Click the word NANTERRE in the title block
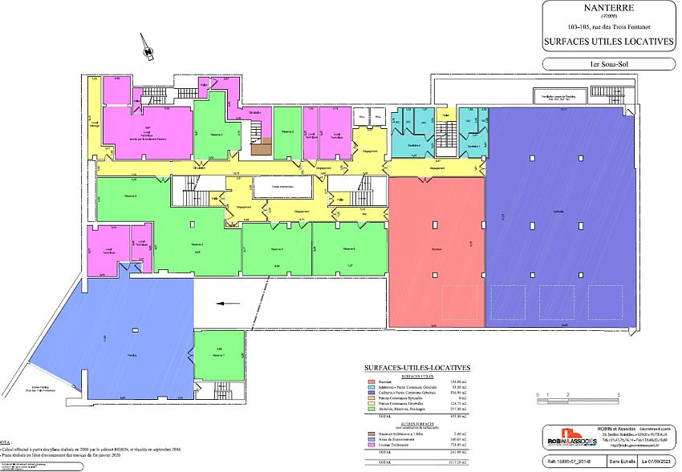click(609, 10)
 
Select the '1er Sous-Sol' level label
click(609, 63)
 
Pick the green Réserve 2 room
click(287, 133)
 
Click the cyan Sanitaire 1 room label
click(473, 147)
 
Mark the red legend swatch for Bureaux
click(371, 381)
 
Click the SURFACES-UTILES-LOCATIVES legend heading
click(417, 368)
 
